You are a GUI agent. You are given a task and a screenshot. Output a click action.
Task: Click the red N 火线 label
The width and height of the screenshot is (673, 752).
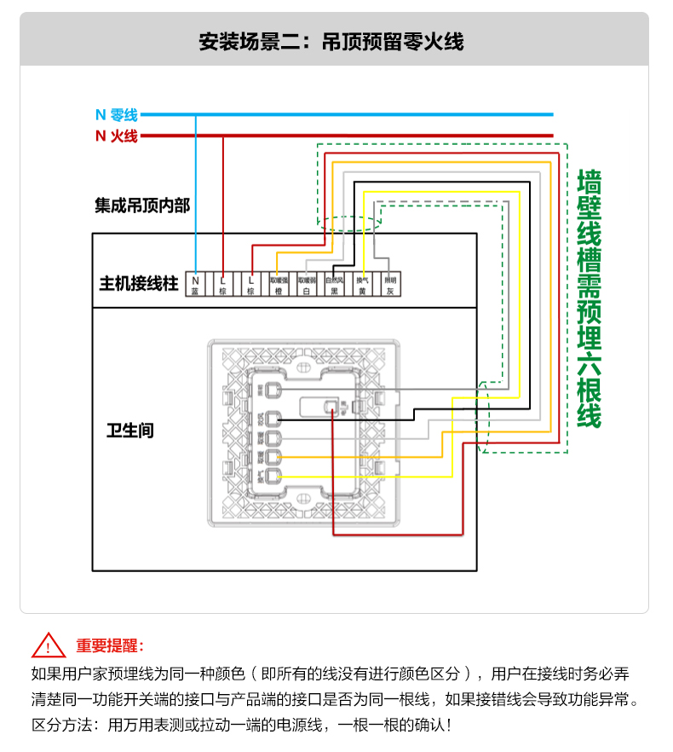click(116, 136)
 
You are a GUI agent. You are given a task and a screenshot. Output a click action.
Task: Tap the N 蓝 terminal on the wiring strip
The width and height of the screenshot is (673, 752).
click(195, 285)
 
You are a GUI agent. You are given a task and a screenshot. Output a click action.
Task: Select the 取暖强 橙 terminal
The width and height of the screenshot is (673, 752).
click(279, 285)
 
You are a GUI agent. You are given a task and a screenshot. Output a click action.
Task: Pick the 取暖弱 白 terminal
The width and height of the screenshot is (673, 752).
click(307, 285)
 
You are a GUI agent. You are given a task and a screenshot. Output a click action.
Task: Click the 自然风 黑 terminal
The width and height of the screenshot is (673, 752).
click(334, 285)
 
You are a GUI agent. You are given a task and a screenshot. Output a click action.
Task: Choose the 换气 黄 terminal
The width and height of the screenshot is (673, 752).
click(362, 285)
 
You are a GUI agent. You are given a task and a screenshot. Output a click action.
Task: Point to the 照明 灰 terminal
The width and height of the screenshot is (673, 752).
click(389, 285)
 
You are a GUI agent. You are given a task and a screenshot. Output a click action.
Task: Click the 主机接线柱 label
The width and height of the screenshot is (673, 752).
click(138, 284)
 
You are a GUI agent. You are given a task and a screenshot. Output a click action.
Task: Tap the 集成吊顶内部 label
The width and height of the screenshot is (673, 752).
click(142, 205)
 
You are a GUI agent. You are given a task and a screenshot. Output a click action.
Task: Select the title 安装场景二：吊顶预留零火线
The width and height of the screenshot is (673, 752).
click(331, 41)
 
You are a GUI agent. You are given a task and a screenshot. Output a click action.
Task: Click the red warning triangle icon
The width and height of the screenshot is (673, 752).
click(49, 645)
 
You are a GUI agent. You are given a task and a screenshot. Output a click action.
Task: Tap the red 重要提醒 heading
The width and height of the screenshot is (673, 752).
click(110, 645)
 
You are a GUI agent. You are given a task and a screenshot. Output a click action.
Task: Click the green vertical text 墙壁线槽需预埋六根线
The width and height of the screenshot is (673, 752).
click(589, 298)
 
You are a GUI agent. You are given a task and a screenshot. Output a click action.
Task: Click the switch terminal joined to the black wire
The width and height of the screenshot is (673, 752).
click(273, 419)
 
